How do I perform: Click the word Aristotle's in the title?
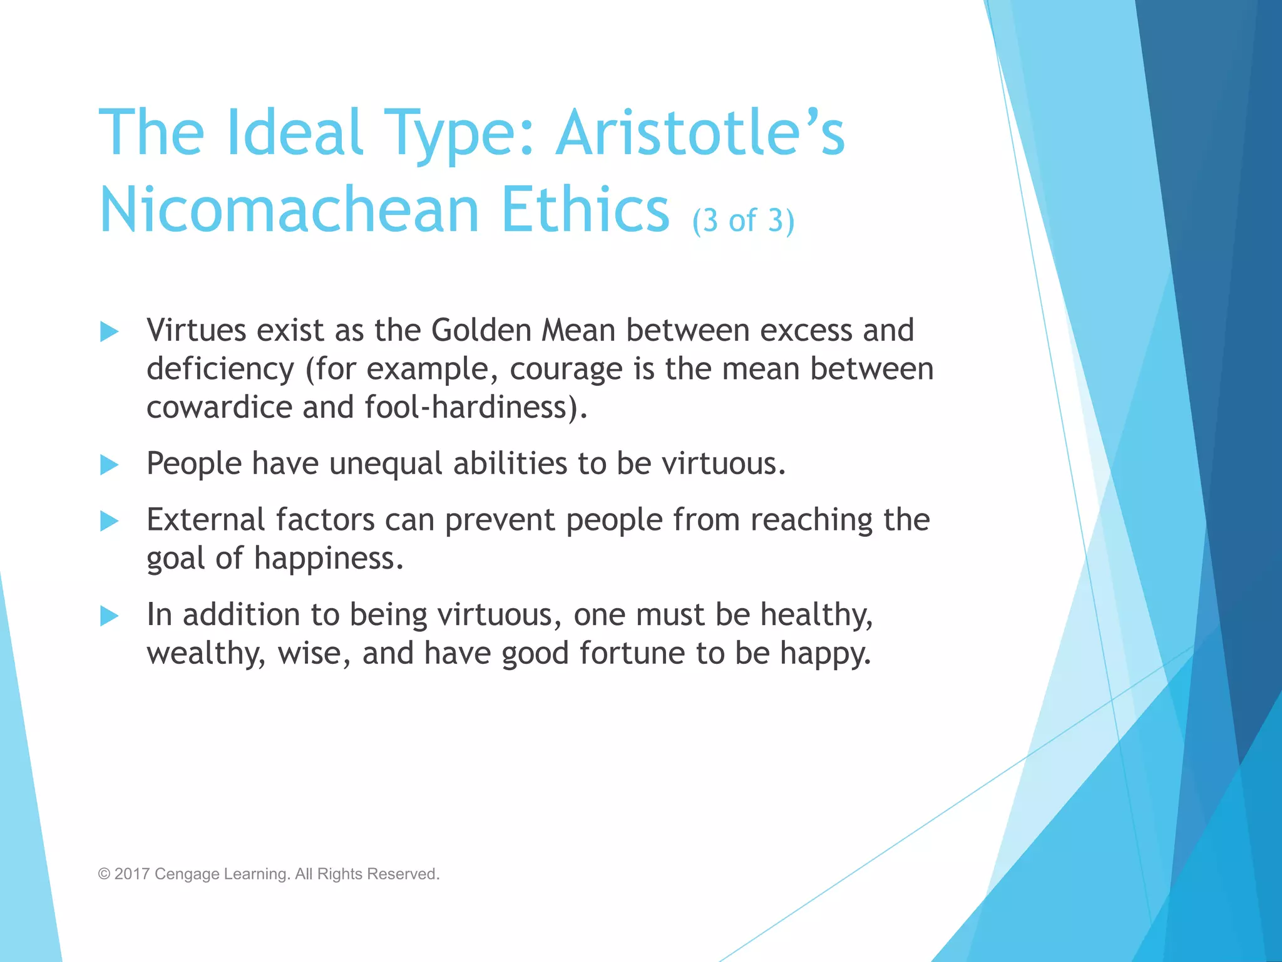pos(700,133)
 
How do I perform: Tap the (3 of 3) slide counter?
pos(743,220)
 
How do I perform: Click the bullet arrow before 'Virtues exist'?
pos(109,331)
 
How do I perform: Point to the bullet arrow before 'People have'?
pos(109,465)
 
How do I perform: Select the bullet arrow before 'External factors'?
pos(109,520)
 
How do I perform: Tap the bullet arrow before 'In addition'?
pos(109,616)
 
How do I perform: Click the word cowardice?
pos(219,407)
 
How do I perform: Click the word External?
pos(206,519)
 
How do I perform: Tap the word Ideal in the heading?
pos(294,133)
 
